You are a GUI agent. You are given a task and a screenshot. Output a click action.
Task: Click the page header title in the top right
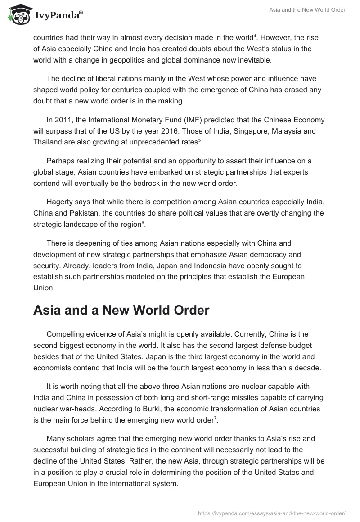pos(307,10)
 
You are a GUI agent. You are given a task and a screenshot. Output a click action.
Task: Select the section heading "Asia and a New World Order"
pos(121,310)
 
